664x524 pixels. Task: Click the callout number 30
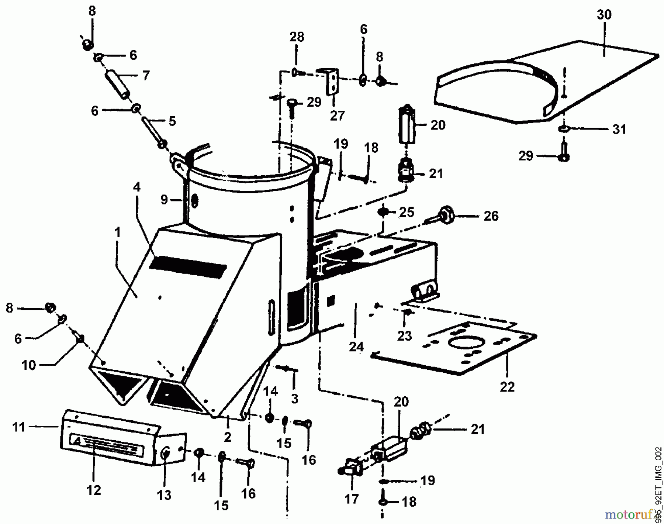pos(604,15)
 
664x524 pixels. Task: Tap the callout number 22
pos(507,387)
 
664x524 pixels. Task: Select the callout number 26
pos(491,216)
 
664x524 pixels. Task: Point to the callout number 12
pos(94,490)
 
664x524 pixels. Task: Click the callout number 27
pos(337,116)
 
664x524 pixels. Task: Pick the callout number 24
pos(356,347)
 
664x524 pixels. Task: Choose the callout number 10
pos(28,365)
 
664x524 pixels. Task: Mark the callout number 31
pos(619,129)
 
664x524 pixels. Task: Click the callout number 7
pos(146,76)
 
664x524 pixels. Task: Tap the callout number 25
pos(407,212)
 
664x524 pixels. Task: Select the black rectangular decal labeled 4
pos(188,266)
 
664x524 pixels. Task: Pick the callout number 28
pos(297,37)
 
